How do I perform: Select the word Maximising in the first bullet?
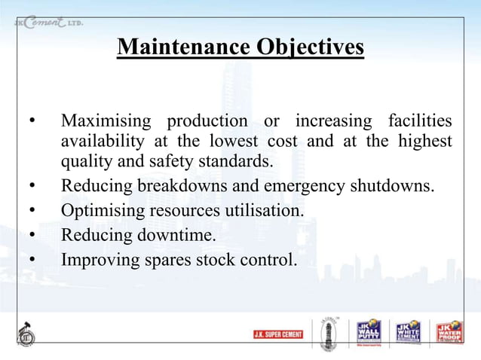click(x=107, y=121)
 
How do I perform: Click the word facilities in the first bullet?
click(x=420, y=121)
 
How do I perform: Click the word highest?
click(x=423, y=142)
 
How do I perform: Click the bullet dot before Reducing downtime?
click(x=32, y=236)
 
